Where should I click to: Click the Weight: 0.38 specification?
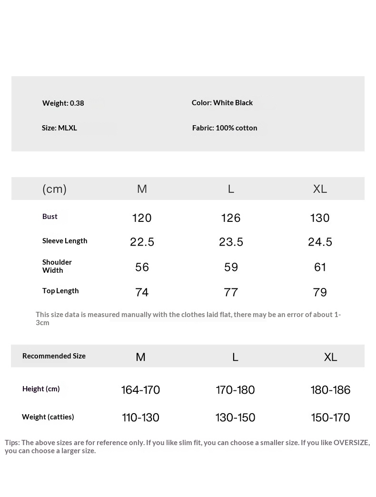click(63, 103)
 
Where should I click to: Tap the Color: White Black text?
click(222, 102)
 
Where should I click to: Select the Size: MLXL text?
click(59, 128)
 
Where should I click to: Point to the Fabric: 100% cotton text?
click(224, 128)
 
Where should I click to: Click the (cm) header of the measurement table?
click(54, 189)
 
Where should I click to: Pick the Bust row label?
click(49, 216)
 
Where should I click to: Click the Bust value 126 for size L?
click(231, 218)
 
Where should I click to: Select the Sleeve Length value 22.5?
click(142, 242)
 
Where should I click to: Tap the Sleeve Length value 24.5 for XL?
click(320, 242)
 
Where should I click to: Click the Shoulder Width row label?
click(57, 266)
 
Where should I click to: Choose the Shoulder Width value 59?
click(231, 268)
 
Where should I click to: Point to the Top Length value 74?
click(142, 292)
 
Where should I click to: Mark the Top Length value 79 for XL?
click(320, 292)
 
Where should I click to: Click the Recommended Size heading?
click(54, 356)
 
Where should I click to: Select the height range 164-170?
click(140, 390)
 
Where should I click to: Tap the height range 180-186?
click(330, 390)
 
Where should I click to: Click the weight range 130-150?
click(235, 417)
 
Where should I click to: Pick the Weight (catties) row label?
click(48, 417)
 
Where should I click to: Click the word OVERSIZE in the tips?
click(351, 442)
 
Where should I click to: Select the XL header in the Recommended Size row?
click(330, 357)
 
